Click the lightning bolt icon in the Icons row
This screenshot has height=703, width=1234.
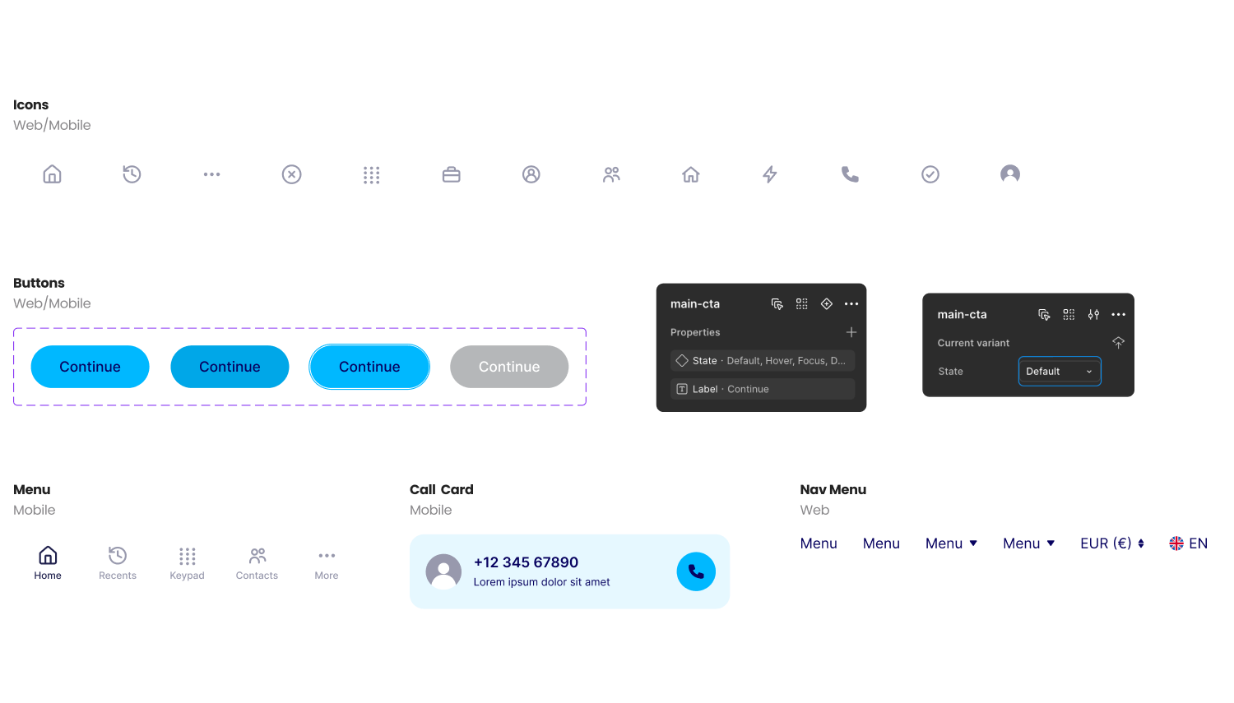[769, 174]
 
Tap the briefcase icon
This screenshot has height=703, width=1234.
[451, 174]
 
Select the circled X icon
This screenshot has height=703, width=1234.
[291, 174]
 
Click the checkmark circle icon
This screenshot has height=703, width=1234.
[930, 174]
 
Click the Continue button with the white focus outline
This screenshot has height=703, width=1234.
[369, 367]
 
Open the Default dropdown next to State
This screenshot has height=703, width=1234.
[1059, 371]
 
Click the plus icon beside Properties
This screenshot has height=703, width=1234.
[851, 332]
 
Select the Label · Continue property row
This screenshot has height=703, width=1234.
[763, 389]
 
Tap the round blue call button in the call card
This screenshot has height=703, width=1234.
[696, 571]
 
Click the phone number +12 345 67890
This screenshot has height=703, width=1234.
[527, 562]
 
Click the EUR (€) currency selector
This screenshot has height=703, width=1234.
[1112, 543]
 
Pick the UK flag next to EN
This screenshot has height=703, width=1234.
[1176, 543]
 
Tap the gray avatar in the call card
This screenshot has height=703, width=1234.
[443, 571]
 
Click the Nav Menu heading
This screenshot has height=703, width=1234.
[833, 489]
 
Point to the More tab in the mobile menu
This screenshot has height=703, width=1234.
[326, 564]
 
